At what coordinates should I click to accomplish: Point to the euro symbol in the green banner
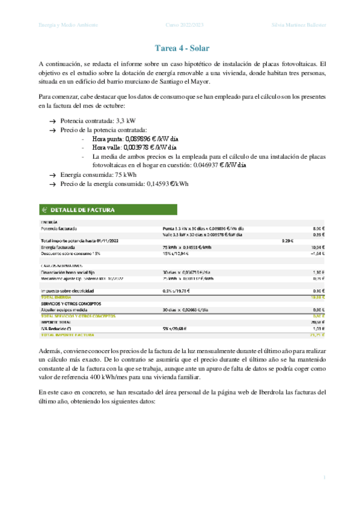coord(44,210)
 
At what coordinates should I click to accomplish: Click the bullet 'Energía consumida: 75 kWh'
coord(98,174)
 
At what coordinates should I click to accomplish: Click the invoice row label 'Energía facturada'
coord(58,247)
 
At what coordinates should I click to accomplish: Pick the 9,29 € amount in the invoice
coord(287,241)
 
